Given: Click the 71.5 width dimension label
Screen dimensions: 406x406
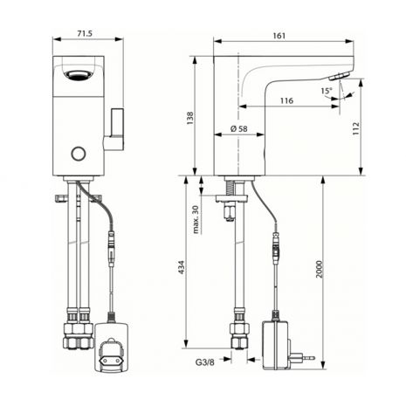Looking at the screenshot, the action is click(85, 34).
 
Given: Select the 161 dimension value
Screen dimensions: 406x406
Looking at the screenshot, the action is click(279, 36).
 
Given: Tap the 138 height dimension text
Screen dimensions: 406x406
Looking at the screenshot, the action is click(189, 118).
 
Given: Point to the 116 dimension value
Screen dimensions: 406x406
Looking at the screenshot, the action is click(286, 100).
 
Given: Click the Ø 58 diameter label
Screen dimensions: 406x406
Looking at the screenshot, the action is click(239, 128).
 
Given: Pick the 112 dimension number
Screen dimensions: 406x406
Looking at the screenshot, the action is click(356, 128).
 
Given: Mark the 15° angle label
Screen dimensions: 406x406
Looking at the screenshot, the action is click(327, 91).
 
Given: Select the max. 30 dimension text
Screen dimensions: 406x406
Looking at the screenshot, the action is click(196, 219).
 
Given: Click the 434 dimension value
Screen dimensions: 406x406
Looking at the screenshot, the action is click(182, 267).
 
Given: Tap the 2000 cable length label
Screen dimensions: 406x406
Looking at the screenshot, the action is click(320, 269).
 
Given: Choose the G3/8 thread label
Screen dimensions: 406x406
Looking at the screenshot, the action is click(204, 362).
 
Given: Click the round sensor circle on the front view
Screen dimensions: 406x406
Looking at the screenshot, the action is click(79, 154).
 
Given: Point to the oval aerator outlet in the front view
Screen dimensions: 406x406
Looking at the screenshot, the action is click(79, 76).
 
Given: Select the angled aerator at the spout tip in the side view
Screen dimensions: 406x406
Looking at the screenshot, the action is click(340, 76).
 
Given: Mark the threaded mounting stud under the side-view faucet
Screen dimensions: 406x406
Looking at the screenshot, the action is click(231, 188).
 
